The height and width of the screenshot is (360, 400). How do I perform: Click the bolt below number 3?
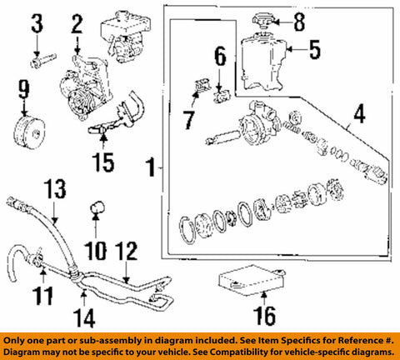coord(40,59)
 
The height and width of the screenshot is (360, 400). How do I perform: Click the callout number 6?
coord(219,57)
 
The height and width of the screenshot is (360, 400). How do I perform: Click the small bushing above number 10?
coord(97,207)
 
